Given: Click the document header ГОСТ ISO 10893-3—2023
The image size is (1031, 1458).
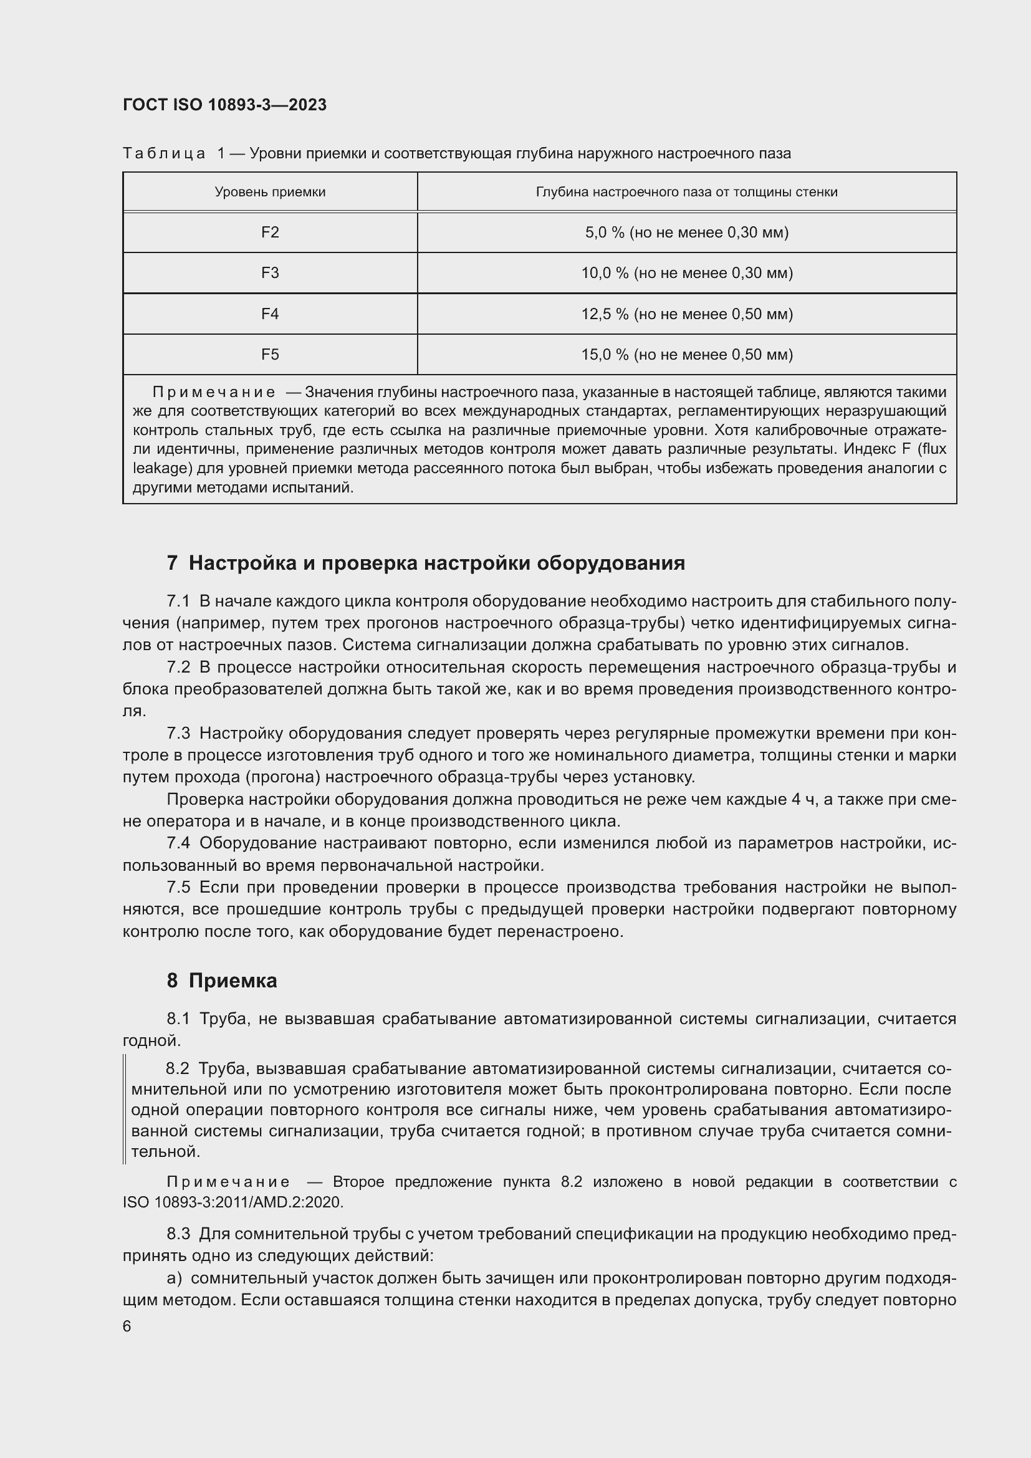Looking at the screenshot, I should (224, 105).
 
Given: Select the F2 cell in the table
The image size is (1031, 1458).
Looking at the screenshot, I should (270, 233).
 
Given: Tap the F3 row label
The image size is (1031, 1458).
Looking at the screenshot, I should (270, 273).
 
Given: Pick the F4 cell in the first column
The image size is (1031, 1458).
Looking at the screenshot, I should (270, 314).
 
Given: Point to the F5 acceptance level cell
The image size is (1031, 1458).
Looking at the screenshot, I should (270, 354).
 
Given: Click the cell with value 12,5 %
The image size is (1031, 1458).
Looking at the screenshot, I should (687, 314).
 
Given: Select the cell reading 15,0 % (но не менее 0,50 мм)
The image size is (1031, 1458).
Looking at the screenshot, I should (687, 354).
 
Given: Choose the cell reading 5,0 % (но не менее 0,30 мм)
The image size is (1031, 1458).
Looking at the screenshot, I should (687, 233).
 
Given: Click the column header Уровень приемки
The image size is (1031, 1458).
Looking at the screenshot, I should (270, 192).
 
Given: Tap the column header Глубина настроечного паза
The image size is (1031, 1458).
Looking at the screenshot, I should (687, 192).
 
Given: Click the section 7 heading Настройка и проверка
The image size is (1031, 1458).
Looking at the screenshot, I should (426, 564).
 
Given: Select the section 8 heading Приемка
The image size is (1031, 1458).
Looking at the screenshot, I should (222, 981).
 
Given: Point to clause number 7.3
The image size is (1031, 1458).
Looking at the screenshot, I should (178, 734).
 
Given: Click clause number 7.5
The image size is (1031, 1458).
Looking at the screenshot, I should (178, 887).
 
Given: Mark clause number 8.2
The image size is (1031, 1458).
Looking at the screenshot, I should (177, 1069).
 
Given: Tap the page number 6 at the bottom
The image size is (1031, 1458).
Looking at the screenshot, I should (127, 1326).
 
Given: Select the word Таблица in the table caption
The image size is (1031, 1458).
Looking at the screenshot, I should (164, 154).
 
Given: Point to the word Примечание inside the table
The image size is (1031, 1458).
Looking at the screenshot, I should (214, 393).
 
